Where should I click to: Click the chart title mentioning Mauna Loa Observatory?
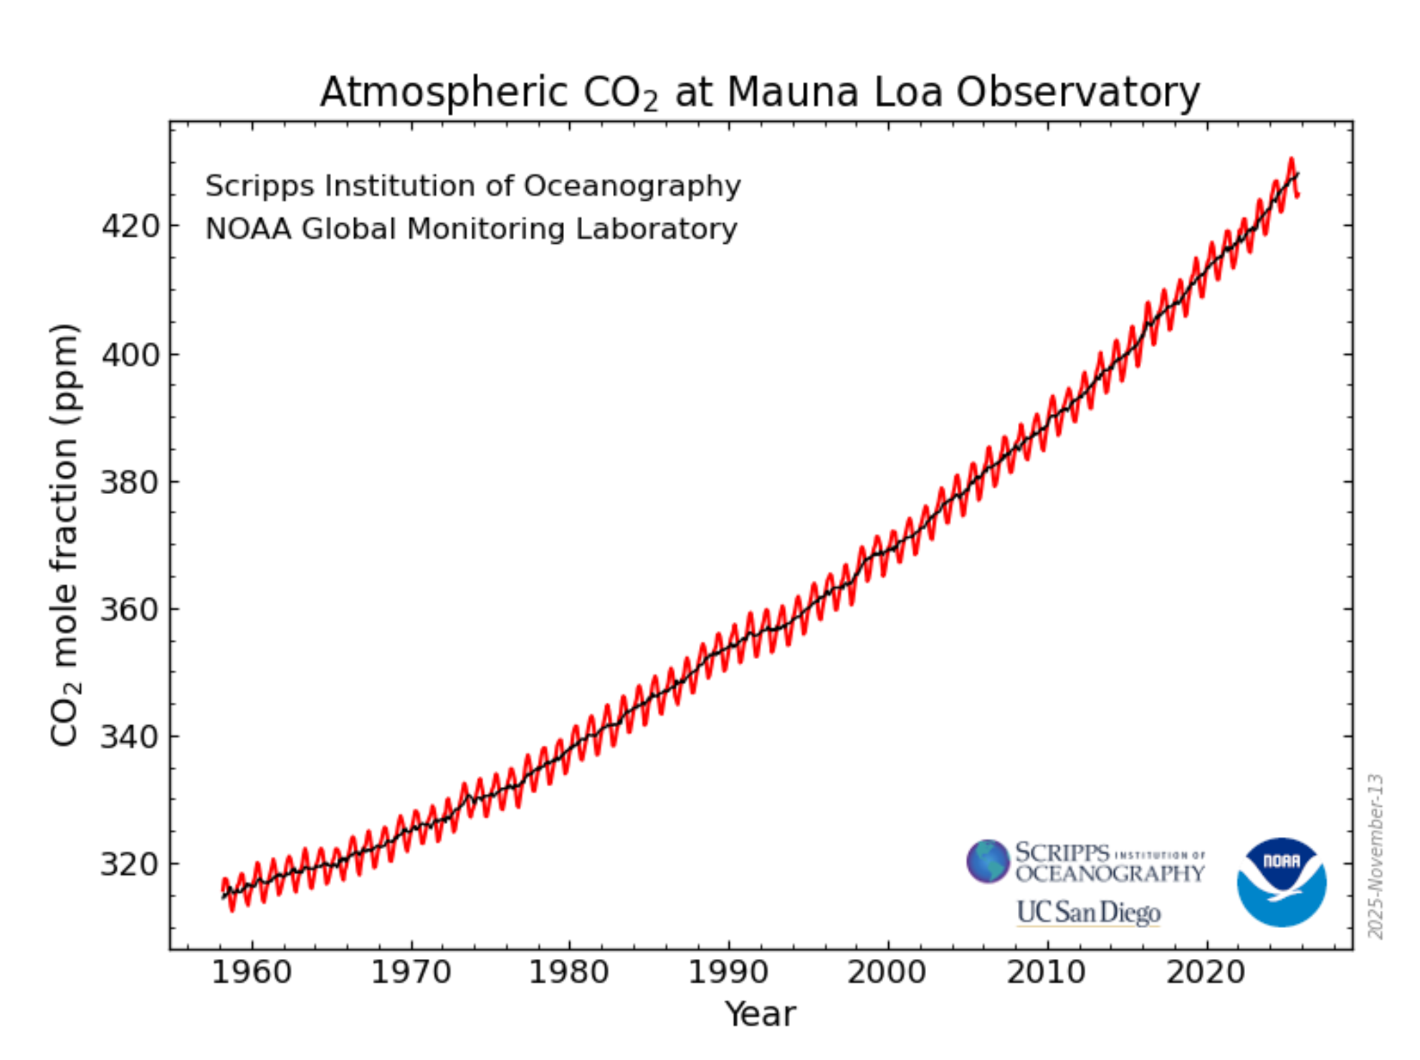tap(760, 93)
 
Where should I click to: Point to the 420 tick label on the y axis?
tap(130, 227)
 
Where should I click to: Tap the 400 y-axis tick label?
tap(130, 354)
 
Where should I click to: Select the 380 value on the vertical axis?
tap(130, 482)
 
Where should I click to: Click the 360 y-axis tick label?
tap(130, 610)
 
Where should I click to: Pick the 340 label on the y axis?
tap(130, 737)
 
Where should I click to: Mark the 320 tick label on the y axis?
tap(130, 864)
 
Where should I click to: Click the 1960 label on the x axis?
tap(252, 973)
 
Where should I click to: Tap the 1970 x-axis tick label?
tap(411, 973)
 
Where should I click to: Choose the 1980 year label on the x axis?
tap(569, 973)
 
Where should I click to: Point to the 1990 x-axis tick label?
tap(728, 973)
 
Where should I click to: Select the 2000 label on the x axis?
tap(887, 973)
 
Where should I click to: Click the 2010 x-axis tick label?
tap(1047, 973)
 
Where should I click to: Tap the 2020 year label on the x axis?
tap(1206, 973)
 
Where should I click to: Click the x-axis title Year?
tap(760, 1014)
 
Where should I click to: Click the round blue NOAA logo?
tap(1282, 882)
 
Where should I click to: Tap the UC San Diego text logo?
tap(1088, 912)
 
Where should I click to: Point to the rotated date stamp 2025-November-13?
tap(1375, 856)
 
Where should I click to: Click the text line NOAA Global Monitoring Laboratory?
tap(471, 229)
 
